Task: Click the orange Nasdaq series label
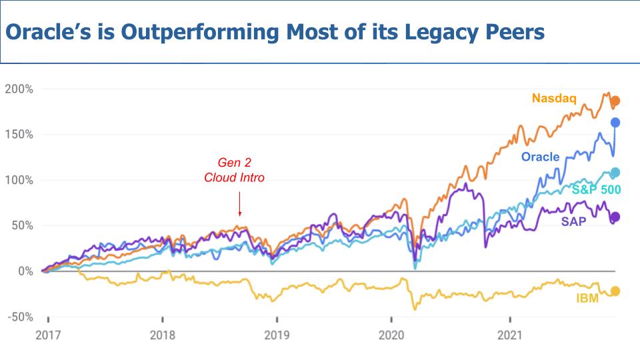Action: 554,99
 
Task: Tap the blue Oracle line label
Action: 540,157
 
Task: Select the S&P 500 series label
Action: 596,190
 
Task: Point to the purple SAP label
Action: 573,221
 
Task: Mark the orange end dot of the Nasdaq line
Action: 615,101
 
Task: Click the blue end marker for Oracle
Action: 615,123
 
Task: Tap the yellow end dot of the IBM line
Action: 615,291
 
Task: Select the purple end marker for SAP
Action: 615,217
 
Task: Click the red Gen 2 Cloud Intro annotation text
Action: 234,170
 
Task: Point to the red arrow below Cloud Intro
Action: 239,203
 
